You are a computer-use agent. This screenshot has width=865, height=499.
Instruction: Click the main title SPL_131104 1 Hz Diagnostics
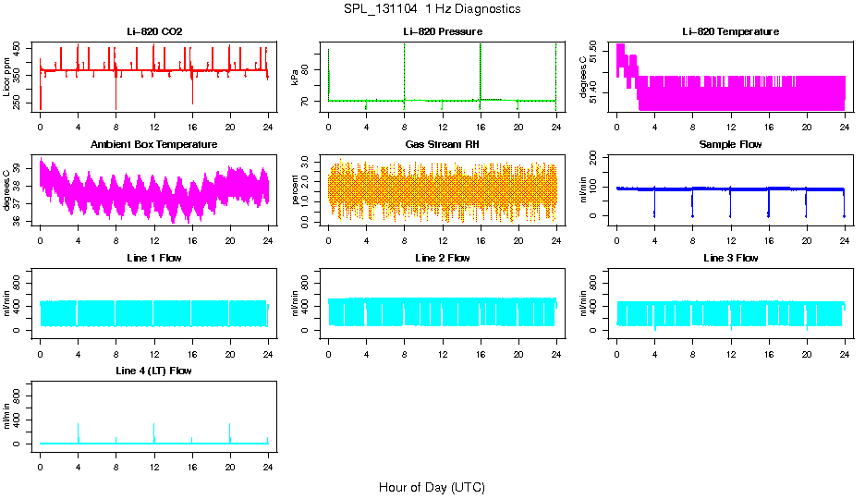pyautogui.click(x=432, y=9)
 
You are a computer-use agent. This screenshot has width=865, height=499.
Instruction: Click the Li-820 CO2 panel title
pyautogui.click(x=154, y=32)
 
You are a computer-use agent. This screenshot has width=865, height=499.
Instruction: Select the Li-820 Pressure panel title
pyautogui.click(x=442, y=32)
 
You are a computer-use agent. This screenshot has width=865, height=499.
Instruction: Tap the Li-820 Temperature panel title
pyautogui.click(x=730, y=32)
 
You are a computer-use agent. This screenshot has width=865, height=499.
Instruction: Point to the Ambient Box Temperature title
pyautogui.click(x=154, y=145)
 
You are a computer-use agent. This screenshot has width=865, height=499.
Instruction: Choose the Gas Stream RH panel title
pyautogui.click(x=442, y=145)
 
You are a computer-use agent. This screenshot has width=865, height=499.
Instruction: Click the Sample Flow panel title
pyautogui.click(x=730, y=145)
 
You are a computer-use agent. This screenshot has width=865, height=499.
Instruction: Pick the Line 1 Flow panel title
pyautogui.click(x=154, y=258)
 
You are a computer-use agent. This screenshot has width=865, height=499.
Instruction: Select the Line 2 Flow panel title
pyautogui.click(x=442, y=258)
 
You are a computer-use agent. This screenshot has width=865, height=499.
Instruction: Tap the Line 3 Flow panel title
pyautogui.click(x=730, y=258)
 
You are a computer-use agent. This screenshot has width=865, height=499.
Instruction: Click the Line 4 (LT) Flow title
pyautogui.click(x=154, y=371)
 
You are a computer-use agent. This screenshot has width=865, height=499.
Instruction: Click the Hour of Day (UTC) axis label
pyautogui.click(x=432, y=487)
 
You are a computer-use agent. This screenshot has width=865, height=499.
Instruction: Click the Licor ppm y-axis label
pyautogui.click(x=7, y=77)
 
